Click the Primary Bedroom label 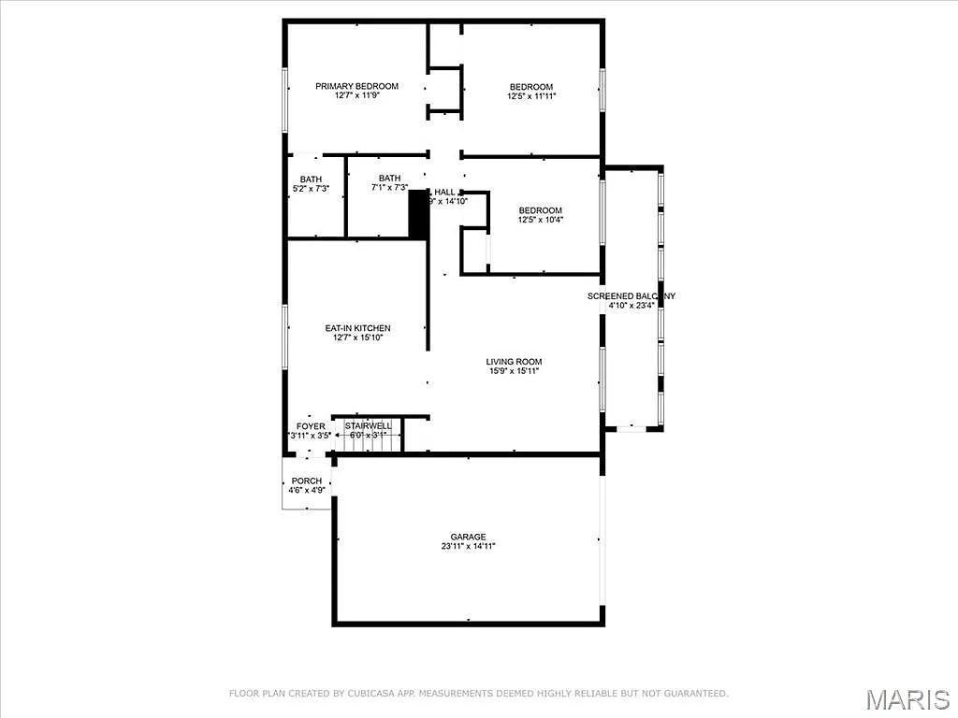356,86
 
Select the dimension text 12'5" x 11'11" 531,96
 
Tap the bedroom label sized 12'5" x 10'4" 541,210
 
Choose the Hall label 444,192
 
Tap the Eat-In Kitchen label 357,328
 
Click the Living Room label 514,362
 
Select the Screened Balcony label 631,296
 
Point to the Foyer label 311,426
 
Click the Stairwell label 368,425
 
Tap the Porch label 306,481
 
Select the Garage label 468,537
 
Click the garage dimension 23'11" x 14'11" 468,547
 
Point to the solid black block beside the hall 418,216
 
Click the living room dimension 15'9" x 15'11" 514,372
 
